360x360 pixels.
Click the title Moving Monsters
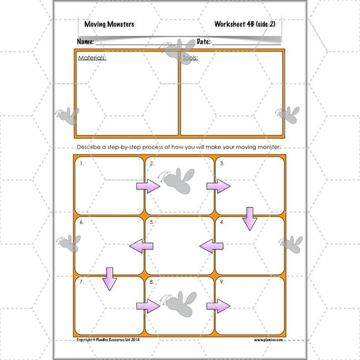click(109, 24)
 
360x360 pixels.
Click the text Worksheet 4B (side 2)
click(245, 24)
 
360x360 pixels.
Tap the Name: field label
click(85, 42)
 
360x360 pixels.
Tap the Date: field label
click(203, 42)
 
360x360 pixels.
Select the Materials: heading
click(92, 58)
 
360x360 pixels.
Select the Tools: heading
click(190, 58)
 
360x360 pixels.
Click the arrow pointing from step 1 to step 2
click(148, 186)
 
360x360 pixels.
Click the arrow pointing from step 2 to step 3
click(218, 186)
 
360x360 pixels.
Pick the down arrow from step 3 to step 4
click(249, 218)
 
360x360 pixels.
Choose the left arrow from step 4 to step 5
click(211, 246)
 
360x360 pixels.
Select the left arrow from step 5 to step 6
click(141, 246)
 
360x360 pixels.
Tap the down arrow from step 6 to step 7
click(109, 278)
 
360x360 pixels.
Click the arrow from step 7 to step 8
click(148, 306)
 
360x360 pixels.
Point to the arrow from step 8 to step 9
click(218, 306)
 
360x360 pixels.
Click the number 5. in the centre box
click(152, 222)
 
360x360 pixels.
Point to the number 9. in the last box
click(222, 282)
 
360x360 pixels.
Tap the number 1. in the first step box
click(82, 164)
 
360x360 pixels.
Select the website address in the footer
click(268, 340)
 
